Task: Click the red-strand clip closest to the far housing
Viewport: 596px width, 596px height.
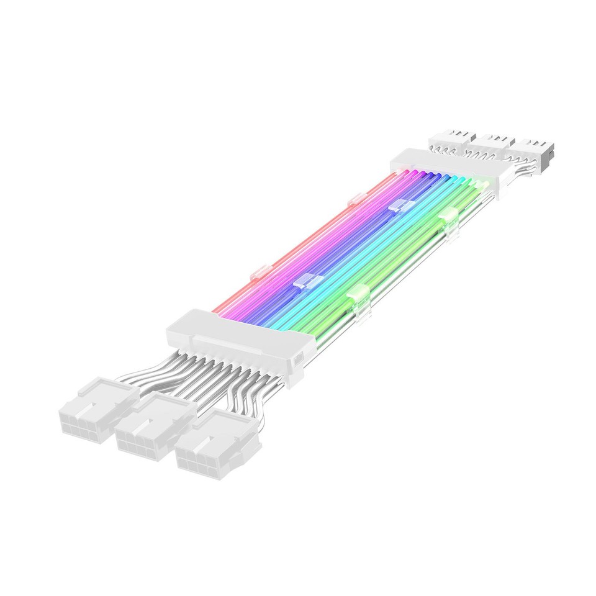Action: [x=357, y=200]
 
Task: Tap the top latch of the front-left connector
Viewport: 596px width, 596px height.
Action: [x=99, y=389]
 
